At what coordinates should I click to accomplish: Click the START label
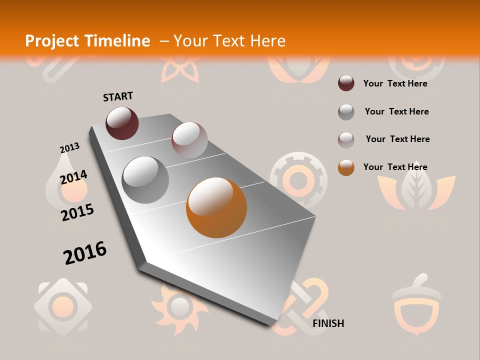click(x=118, y=96)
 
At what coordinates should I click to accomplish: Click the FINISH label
click(x=328, y=323)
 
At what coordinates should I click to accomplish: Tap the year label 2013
click(x=69, y=148)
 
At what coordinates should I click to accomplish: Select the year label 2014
click(x=73, y=177)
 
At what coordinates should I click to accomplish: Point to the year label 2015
click(x=77, y=212)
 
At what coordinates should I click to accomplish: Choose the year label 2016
click(x=85, y=252)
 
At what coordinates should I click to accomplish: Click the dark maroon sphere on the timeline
click(x=122, y=123)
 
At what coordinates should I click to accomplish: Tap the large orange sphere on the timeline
click(x=216, y=207)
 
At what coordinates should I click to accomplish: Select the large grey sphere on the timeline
click(x=145, y=179)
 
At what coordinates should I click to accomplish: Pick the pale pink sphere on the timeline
click(x=189, y=140)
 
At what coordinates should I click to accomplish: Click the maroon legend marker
click(x=346, y=83)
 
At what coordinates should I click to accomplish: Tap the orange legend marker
click(x=346, y=167)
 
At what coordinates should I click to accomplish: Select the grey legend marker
click(x=346, y=112)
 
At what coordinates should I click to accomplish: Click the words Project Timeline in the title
click(x=87, y=41)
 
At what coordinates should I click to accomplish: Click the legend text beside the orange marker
click(x=395, y=167)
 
